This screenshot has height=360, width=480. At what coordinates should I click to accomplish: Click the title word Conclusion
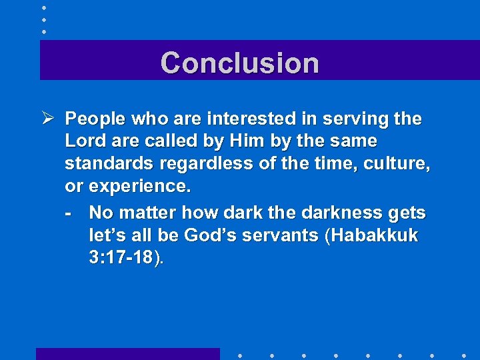point(239,63)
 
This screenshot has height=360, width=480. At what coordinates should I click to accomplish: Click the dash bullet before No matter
point(69,213)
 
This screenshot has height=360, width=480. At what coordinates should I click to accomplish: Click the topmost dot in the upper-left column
point(43,7)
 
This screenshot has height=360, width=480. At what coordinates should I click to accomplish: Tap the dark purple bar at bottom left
point(127,354)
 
